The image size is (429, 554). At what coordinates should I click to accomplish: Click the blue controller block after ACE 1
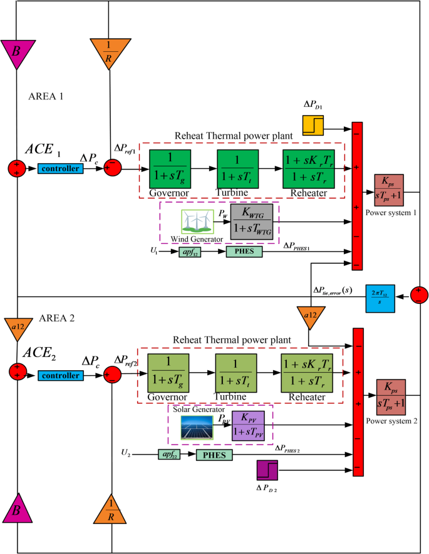(59, 169)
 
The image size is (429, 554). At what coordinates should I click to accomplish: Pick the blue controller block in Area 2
(59, 375)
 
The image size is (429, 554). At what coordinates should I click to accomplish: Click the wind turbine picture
(197, 222)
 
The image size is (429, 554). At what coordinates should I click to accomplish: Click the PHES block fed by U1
(244, 251)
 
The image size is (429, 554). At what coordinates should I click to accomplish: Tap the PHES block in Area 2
(215, 455)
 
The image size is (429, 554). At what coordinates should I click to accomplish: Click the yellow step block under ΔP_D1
(313, 126)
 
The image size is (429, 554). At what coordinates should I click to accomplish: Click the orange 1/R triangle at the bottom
(110, 508)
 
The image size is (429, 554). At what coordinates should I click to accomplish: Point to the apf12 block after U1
(188, 251)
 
